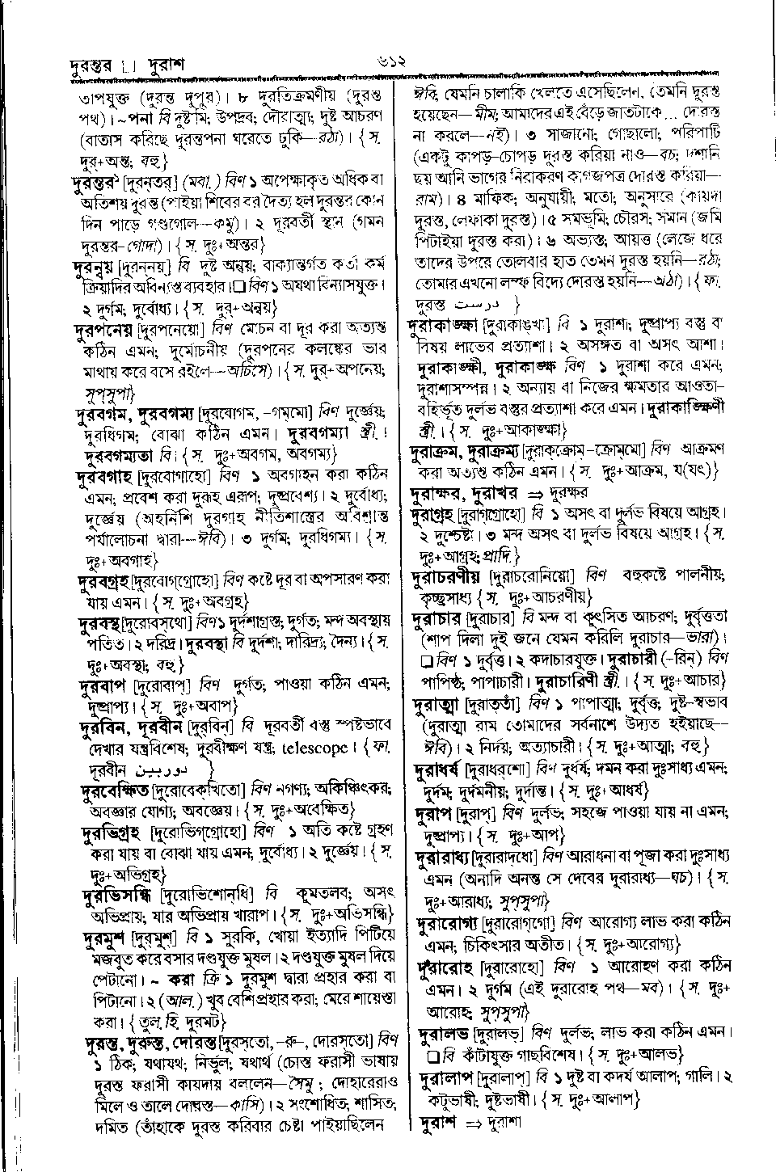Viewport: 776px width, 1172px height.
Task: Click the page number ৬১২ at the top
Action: coord(386,61)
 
